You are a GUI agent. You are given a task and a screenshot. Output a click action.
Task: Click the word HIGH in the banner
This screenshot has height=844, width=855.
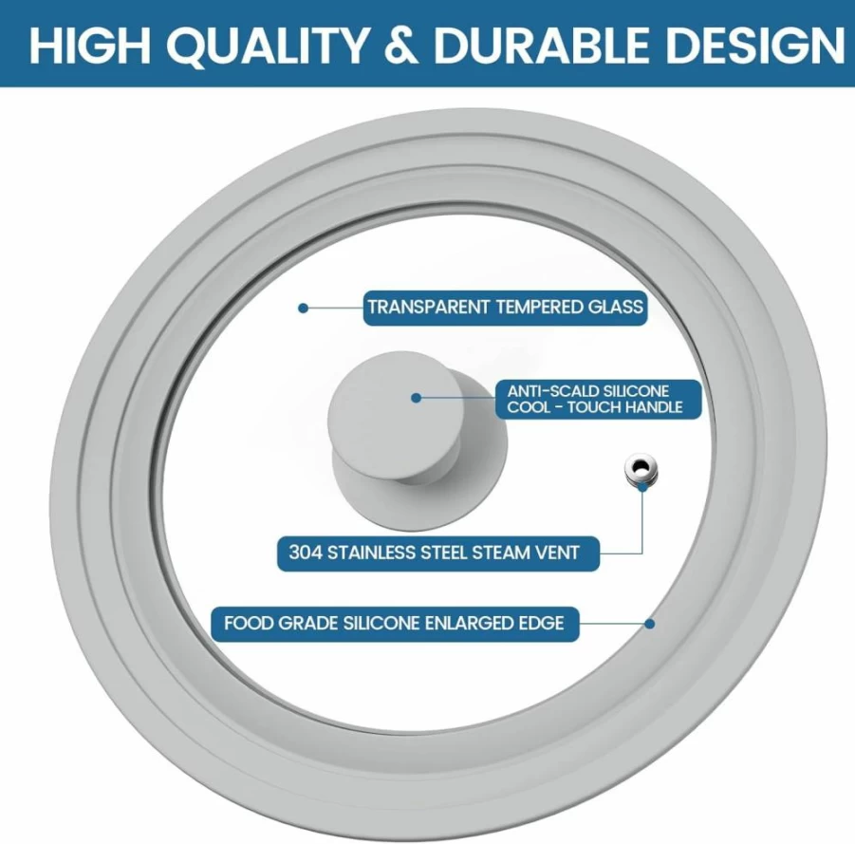pyautogui.click(x=89, y=46)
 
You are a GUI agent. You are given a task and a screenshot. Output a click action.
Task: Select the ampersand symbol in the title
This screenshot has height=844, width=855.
pyautogui.click(x=401, y=46)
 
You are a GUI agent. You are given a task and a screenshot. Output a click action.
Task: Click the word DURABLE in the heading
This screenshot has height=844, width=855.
pyautogui.click(x=541, y=46)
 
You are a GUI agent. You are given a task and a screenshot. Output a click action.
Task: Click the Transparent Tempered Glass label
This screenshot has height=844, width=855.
pyautogui.click(x=505, y=308)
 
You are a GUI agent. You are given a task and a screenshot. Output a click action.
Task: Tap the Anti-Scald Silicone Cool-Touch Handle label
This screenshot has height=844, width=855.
pyautogui.click(x=598, y=400)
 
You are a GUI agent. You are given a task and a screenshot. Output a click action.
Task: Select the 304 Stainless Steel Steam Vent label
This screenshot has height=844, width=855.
pyautogui.click(x=437, y=553)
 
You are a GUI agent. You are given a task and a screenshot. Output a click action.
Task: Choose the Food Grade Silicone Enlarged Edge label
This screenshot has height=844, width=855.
pyautogui.click(x=395, y=624)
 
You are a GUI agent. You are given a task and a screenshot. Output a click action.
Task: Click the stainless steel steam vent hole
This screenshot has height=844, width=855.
pyautogui.click(x=641, y=467)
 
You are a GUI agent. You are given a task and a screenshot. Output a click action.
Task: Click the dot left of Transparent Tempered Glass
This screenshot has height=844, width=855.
pyautogui.click(x=303, y=309)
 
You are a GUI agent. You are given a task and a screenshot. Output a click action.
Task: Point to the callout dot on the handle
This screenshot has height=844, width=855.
pyautogui.click(x=416, y=399)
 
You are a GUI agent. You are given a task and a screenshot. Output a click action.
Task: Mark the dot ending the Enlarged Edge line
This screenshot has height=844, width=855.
pyautogui.click(x=649, y=624)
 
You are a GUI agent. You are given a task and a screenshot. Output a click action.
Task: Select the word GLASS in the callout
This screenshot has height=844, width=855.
pyautogui.click(x=615, y=308)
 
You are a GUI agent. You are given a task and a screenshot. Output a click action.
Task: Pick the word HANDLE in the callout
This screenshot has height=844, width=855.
pyautogui.click(x=654, y=407)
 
